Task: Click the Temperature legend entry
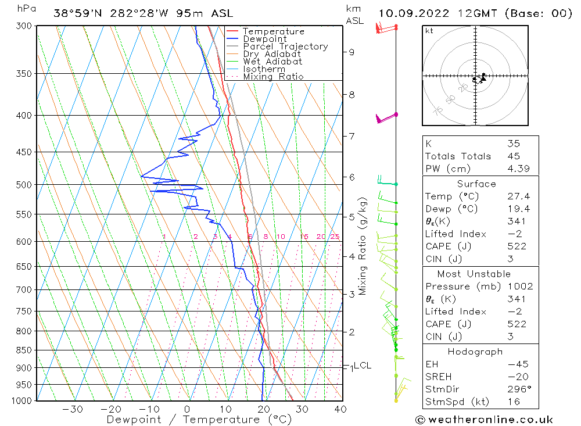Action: tap(273, 31)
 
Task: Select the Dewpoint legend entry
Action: tap(264, 39)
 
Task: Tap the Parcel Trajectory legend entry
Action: tap(285, 46)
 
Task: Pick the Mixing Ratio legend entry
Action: tap(273, 77)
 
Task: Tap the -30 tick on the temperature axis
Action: tap(73, 409)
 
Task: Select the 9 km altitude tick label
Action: tap(352, 52)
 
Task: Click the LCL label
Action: tap(363, 366)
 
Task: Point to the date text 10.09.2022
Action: tap(412, 13)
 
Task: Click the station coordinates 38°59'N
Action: tap(78, 13)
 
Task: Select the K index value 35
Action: tap(513, 144)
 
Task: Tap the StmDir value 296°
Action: tap(517, 389)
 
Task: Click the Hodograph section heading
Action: tap(480, 352)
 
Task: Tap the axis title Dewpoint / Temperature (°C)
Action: tap(199, 420)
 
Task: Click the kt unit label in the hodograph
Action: tap(429, 31)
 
